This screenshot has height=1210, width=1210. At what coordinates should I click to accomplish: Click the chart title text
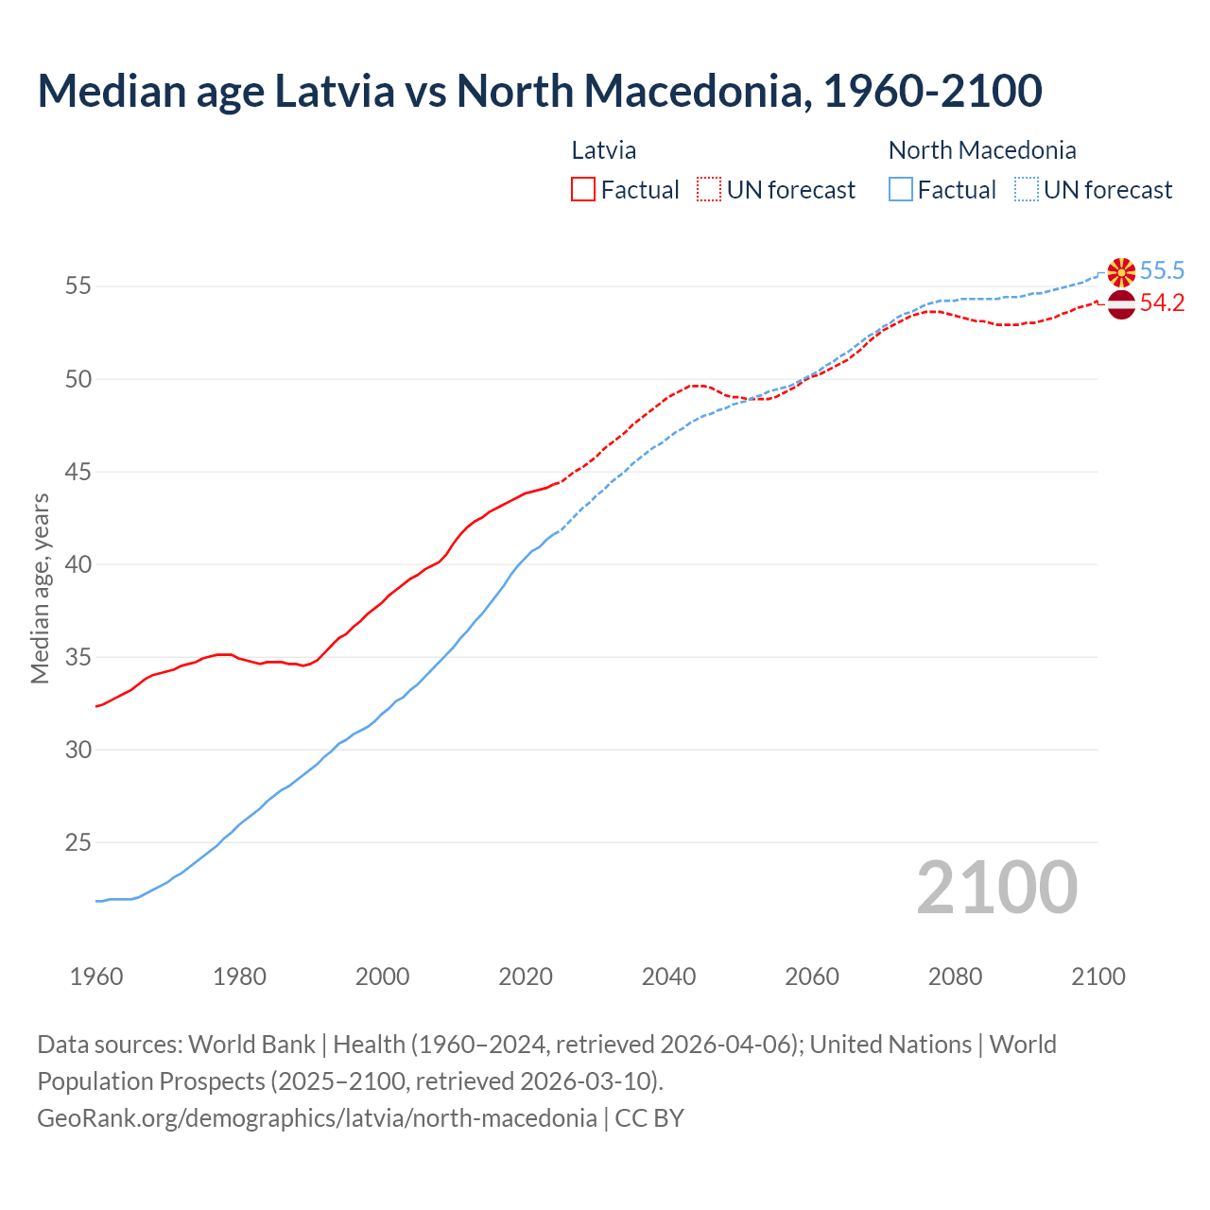(539, 91)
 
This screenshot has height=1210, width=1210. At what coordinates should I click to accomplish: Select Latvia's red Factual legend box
(583, 190)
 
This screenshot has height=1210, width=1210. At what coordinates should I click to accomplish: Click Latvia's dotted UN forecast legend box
(709, 190)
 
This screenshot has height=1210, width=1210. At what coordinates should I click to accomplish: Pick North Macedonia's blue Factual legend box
(901, 190)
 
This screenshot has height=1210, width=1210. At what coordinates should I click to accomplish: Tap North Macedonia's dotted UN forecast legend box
(1027, 190)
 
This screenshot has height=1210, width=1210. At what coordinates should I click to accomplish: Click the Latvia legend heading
(603, 150)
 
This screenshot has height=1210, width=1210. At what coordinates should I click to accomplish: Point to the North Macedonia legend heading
(982, 150)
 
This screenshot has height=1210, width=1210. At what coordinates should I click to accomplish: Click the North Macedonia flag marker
(1121, 271)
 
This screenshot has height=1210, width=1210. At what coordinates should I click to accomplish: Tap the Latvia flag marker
(1121, 304)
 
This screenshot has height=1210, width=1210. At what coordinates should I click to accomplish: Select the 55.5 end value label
(1162, 271)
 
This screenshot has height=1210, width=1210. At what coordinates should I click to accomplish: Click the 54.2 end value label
(1162, 303)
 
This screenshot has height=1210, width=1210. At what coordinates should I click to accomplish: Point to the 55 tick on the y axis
(78, 285)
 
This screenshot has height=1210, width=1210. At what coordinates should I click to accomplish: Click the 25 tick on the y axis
(78, 842)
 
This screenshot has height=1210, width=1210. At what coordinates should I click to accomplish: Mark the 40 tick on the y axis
(78, 564)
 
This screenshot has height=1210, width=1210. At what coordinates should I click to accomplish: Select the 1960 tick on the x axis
(96, 977)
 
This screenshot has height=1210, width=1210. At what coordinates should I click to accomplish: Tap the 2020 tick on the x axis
(526, 977)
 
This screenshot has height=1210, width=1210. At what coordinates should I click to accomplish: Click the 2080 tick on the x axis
(955, 977)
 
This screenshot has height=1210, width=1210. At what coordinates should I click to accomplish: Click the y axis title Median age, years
(40, 588)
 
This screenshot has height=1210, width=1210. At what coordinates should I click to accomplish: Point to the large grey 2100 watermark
(996, 888)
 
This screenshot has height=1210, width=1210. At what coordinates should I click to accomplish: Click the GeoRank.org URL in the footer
(317, 1118)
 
